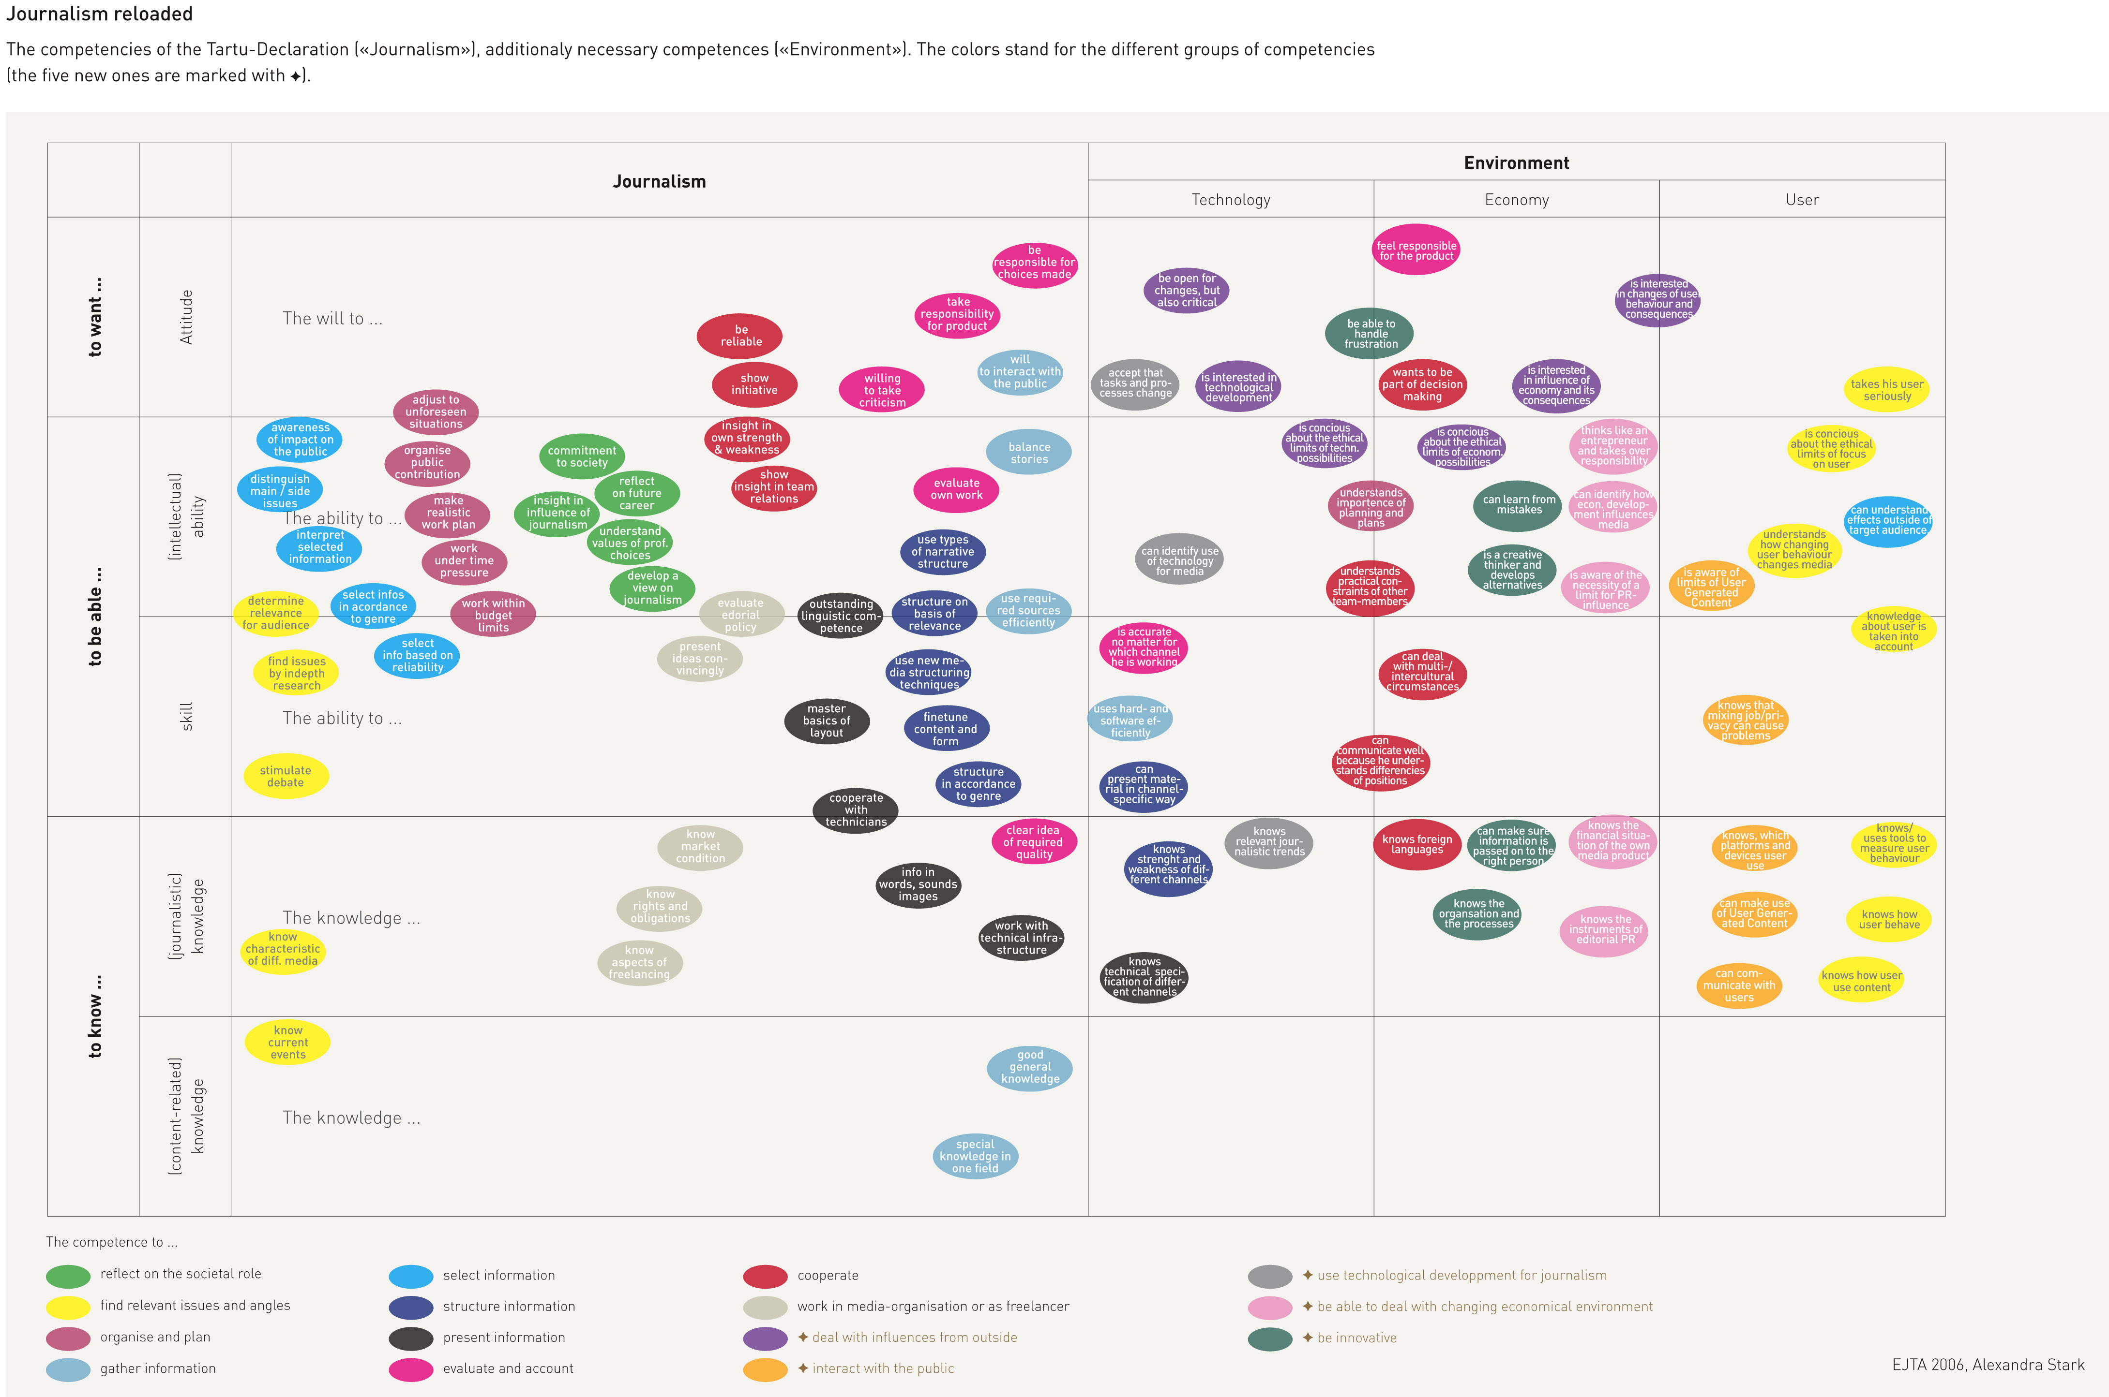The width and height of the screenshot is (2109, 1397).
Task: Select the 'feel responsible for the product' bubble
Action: point(1416,250)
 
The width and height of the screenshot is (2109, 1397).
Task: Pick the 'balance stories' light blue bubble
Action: point(1029,453)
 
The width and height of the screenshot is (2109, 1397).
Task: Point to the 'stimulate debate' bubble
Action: point(285,776)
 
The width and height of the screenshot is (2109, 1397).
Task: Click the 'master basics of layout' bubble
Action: point(826,721)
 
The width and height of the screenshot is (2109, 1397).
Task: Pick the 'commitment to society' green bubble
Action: point(581,456)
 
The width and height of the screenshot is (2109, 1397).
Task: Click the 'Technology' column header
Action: point(1230,200)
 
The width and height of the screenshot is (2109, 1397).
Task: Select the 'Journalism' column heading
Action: point(659,182)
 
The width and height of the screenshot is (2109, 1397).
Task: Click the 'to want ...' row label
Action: point(94,316)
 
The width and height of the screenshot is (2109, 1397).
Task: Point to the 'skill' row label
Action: point(186,716)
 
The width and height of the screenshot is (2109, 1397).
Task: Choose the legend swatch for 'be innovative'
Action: point(1269,1338)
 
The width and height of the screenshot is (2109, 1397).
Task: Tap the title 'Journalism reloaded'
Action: point(100,14)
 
